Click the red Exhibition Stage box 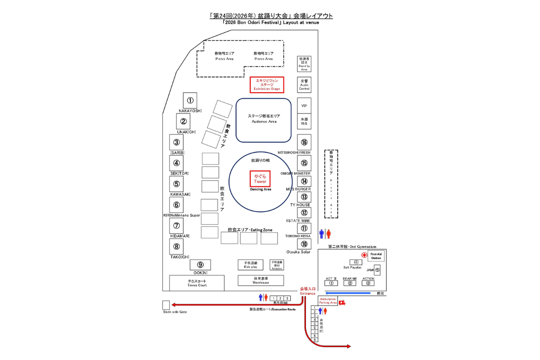(x=267, y=84)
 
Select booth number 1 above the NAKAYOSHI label (x=190, y=101)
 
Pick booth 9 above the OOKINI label (x=200, y=265)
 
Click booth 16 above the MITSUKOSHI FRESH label (x=304, y=143)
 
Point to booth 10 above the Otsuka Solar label (x=304, y=244)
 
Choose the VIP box (x=304, y=105)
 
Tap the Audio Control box (x=304, y=85)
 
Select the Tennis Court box (x=197, y=283)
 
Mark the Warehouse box (x=261, y=280)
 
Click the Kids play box (x=250, y=265)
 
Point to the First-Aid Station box (x=376, y=256)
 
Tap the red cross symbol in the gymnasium (x=364, y=255)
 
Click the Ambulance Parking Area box (x=328, y=301)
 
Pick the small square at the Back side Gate (x=166, y=305)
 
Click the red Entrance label (x=308, y=291)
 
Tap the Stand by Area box (x=304, y=64)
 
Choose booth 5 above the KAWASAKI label (x=176, y=184)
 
